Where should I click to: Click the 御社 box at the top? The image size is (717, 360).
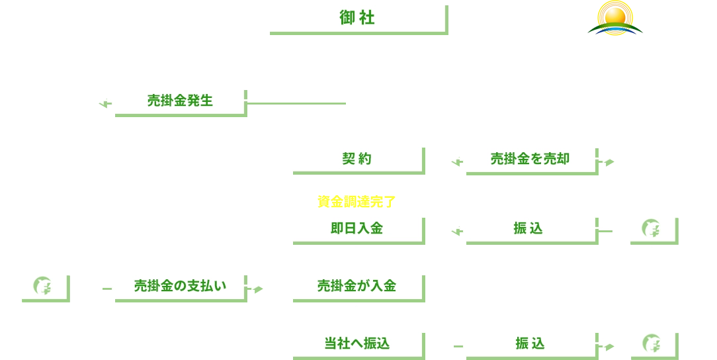[x=356, y=18]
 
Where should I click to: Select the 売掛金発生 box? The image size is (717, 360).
[x=179, y=100]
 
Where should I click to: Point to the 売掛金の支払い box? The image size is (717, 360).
[x=179, y=285]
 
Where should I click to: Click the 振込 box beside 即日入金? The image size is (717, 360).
[x=528, y=228]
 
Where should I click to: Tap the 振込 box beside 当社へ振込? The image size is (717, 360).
[x=528, y=343]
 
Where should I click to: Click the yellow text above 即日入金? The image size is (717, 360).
[x=356, y=201]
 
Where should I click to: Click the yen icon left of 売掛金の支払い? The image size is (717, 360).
[x=42, y=285]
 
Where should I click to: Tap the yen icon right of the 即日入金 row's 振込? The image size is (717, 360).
[x=650, y=228]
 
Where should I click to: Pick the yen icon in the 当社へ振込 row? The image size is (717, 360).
[x=650, y=343]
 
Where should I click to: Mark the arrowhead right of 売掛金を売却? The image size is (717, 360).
[x=606, y=159]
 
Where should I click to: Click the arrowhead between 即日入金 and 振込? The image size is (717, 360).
[x=454, y=228]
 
